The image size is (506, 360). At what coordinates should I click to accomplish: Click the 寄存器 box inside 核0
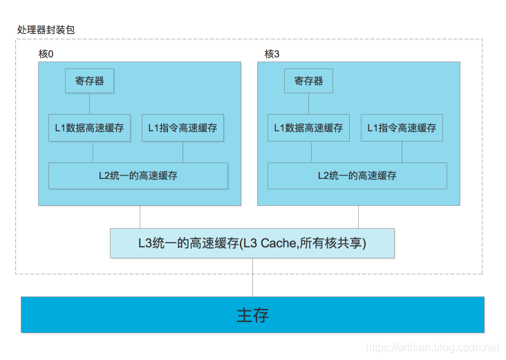(x=89, y=81)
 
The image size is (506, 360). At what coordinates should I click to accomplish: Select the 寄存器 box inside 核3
(x=308, y=81)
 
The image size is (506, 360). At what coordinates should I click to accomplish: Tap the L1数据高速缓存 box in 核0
(x=89, y=128)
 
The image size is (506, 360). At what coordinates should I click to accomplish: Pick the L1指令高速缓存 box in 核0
(x=182, y=128)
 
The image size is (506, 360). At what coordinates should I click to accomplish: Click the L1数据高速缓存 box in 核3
(x=308, y=128)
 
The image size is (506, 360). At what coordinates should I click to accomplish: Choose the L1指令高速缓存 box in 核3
(x=402, y=128)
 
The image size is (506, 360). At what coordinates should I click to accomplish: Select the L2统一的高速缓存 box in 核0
(x=138, y=176)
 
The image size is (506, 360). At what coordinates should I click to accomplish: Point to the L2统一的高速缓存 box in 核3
(x=357, y=176)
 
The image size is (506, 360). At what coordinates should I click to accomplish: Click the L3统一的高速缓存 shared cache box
(x=252, y=243)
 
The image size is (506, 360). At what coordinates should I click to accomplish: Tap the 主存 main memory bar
(x=252, y=315)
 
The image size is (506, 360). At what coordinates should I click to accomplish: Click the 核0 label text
(x=46, y=54)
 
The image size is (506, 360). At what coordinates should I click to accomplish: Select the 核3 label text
(x=272, y=54)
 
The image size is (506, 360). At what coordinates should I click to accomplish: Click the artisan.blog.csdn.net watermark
(x=431, y=348)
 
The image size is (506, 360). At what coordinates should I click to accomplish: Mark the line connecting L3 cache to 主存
(x=252, y=277)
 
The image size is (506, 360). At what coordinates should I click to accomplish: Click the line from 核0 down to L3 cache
(x=140, y=217)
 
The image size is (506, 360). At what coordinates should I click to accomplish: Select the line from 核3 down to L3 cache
(x=359, y=217)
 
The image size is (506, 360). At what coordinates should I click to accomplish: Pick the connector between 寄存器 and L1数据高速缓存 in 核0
(x=93, y=104)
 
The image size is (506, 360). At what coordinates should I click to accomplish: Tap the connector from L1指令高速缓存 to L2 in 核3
(x=402, y=152)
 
